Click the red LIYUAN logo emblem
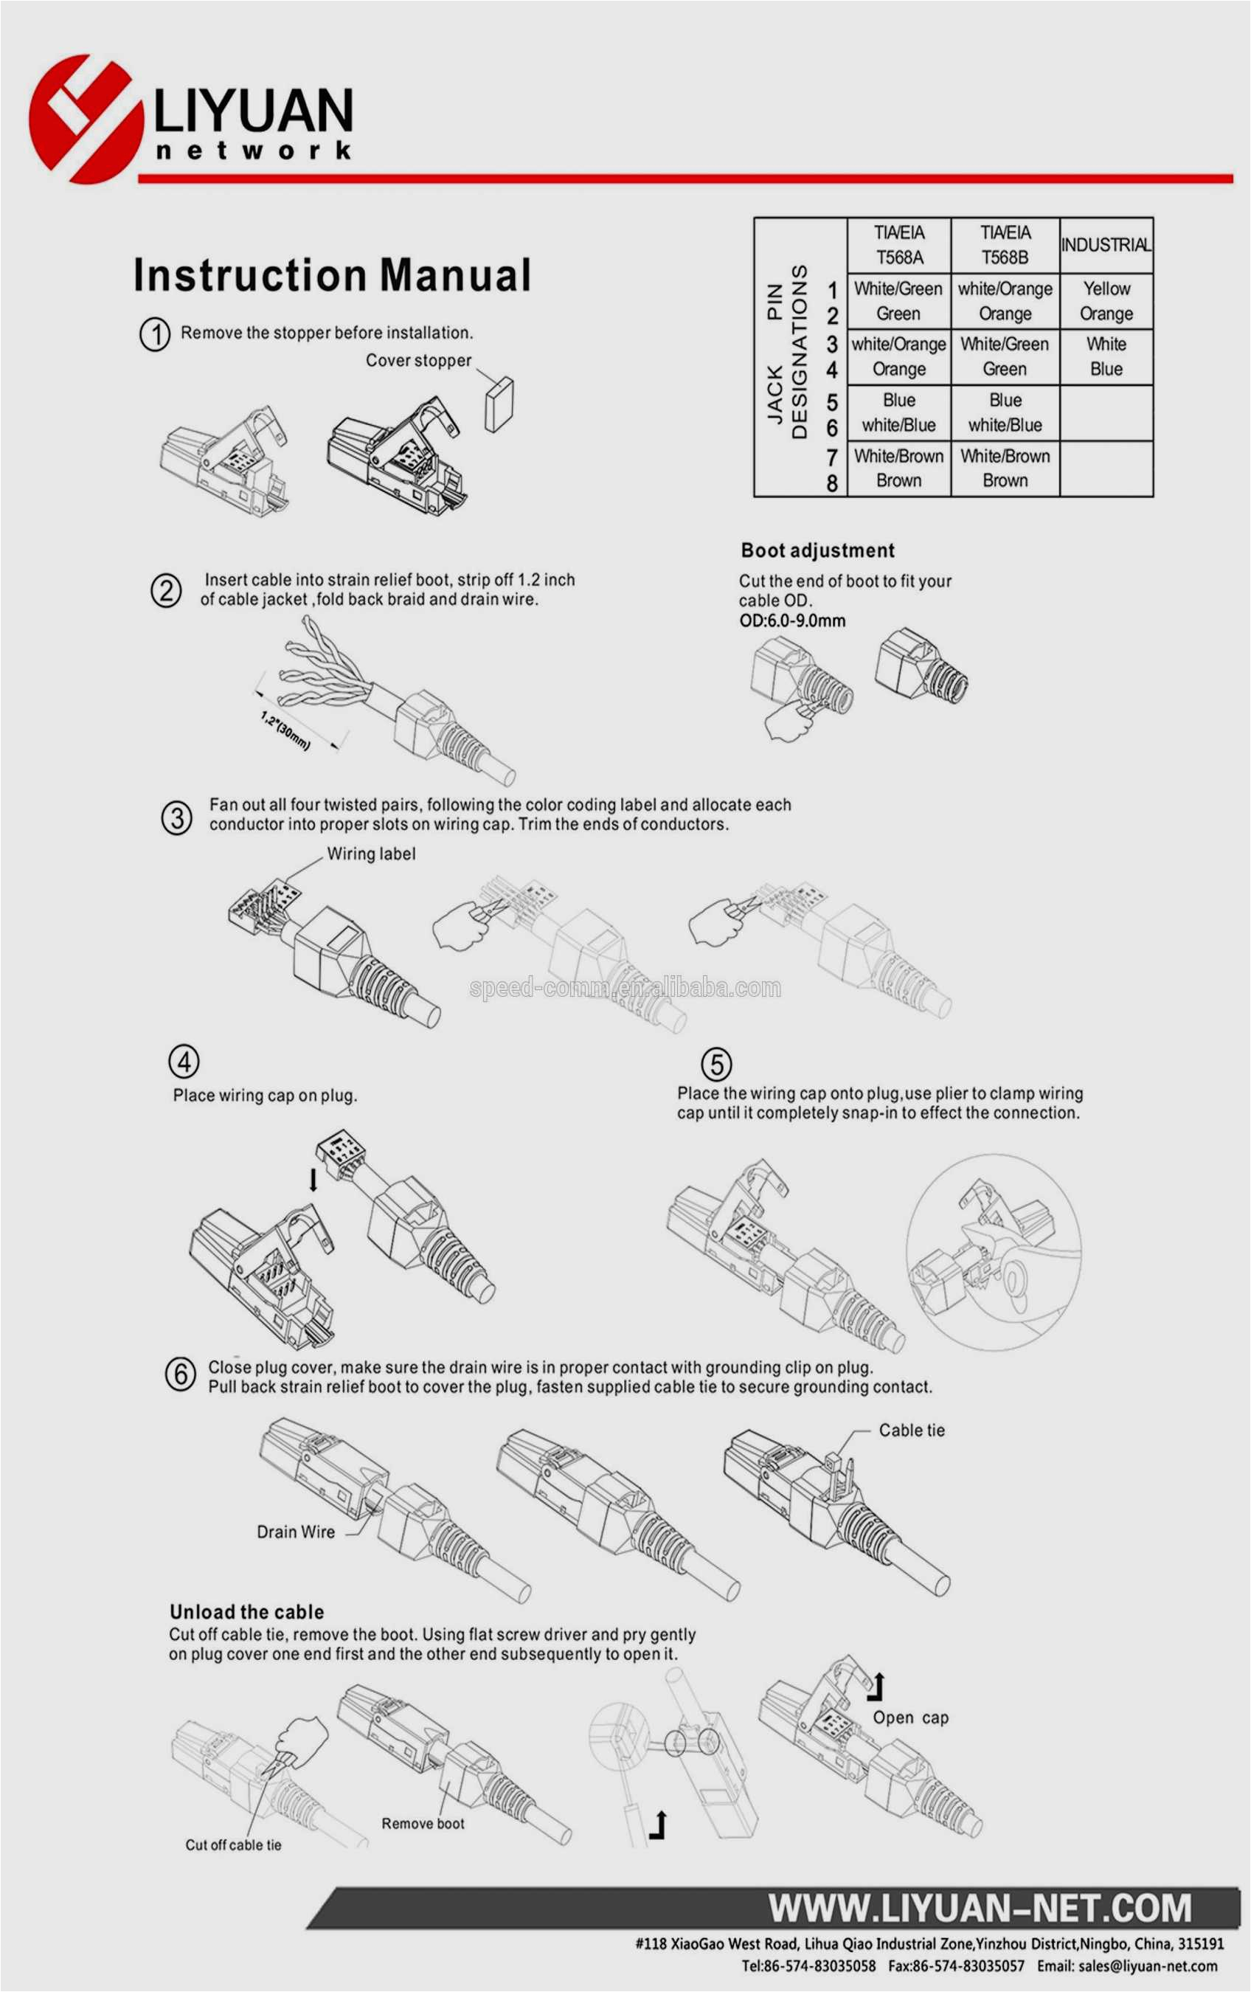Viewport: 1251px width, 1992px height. (x=85, y=118)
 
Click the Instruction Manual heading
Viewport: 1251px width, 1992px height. (x=332, y=275)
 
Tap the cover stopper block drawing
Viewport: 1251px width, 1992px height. (x=499, y=404)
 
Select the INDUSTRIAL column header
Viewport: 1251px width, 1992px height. (x=1106, y=245)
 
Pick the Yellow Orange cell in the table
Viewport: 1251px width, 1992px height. (x=1106, y=301)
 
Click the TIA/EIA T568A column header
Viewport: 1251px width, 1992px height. (x=898, y=245)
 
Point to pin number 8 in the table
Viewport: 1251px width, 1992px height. (x=832, y=483)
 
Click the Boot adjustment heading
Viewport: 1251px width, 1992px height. (x=817, y=551)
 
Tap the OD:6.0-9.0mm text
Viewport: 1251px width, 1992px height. (x=791, y=620)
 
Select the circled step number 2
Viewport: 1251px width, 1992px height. (x=166, y=591)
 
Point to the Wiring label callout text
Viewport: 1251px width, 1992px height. (x=371, y=854)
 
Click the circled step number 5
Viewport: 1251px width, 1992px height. (x=716, y=1065)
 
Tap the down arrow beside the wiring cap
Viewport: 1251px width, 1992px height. (x=313, y=1180)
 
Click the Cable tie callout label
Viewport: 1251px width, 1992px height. (x=911, y=1431)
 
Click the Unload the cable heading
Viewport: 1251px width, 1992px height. (x=246, y=1611)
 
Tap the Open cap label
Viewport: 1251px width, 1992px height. (x=910, y=1718)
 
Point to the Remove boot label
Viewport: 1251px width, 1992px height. (x=423, y=1823)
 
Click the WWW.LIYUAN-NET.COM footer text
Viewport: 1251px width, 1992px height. (x=980, y=1909)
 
